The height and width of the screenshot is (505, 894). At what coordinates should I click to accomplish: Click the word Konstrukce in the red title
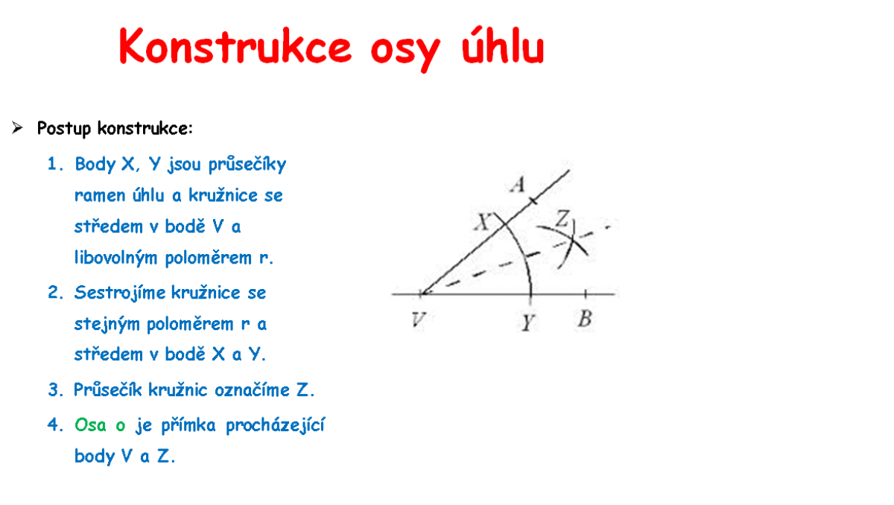click(235, 47)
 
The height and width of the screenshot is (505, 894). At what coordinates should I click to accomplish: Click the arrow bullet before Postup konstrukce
click(17, 127)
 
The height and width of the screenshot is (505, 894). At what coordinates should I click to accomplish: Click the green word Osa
click(91, 425)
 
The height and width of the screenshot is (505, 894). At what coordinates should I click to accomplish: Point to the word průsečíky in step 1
click(247, 165)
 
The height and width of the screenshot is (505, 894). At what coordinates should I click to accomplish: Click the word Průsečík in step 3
click(108, 390)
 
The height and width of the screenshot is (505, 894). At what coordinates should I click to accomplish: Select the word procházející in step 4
click(276, 425)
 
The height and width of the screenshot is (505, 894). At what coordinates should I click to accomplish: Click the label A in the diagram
click(518, 185)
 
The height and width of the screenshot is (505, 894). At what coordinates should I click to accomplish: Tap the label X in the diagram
click(482, 222)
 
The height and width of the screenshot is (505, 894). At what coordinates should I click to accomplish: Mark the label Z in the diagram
click(562, 218)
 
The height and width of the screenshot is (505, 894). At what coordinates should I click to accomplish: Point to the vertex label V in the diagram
click(418, 320)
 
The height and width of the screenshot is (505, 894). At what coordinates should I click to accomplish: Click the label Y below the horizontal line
click(527, 323)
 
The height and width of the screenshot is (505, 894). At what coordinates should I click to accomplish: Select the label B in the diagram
click(585, 319)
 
